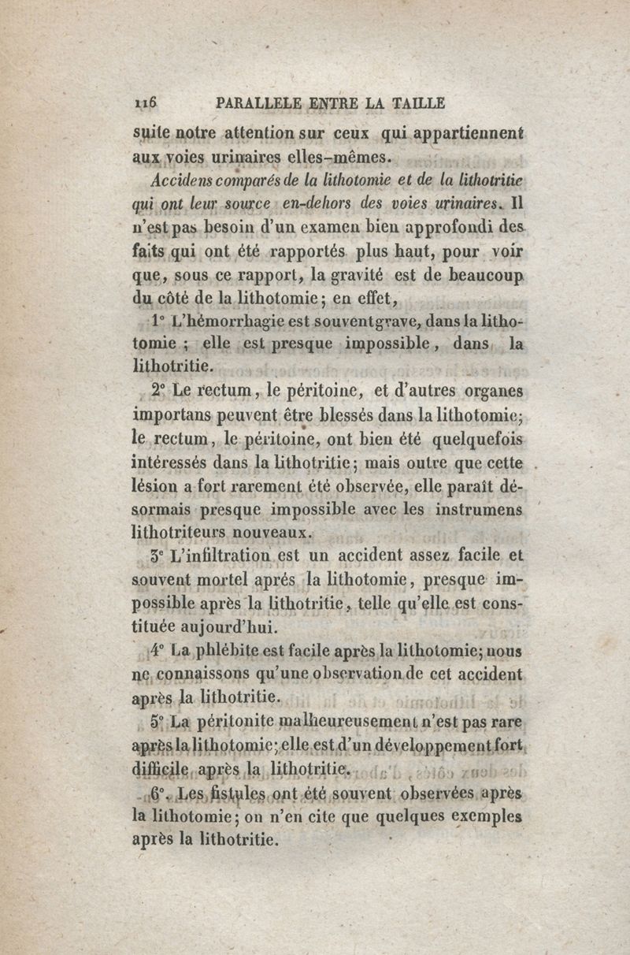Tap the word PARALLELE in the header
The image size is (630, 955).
(x=252, y=102)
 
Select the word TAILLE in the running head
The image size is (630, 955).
(x=417, y=102)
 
